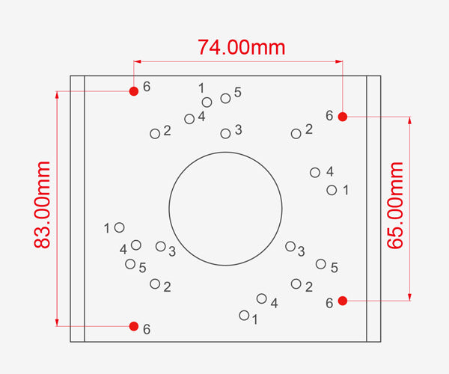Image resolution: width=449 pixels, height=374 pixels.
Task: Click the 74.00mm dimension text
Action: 242,47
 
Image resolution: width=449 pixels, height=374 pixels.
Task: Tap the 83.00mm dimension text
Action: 42,204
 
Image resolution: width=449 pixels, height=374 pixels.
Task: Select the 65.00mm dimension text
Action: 395,205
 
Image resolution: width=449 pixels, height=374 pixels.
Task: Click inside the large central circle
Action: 226,209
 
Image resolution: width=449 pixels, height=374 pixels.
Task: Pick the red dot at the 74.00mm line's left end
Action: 134,91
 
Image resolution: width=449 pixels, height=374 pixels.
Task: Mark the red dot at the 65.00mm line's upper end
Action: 343,117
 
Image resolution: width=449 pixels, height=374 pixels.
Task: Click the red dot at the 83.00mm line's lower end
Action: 134,326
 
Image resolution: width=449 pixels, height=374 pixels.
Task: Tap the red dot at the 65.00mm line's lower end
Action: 343,301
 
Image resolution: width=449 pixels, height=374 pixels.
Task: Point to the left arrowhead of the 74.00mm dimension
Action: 138,61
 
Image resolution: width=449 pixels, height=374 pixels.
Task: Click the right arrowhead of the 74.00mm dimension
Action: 339,61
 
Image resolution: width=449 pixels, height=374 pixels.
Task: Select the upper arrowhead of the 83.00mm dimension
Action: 57,95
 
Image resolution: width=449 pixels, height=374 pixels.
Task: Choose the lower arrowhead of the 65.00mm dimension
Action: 410,297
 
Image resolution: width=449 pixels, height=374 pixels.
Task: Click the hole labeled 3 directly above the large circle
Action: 225,133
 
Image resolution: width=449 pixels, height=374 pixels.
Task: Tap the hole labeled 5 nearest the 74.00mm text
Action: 226,99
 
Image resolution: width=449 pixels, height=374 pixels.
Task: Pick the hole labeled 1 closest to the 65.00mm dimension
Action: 332,190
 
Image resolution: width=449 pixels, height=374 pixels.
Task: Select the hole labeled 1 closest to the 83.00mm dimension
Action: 120,228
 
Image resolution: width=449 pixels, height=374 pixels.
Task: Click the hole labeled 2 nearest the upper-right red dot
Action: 296,134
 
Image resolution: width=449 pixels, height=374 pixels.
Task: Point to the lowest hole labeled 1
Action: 244,316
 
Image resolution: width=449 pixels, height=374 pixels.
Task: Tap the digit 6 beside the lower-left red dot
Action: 147,329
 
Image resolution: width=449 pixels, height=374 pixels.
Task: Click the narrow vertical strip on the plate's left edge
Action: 78,209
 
